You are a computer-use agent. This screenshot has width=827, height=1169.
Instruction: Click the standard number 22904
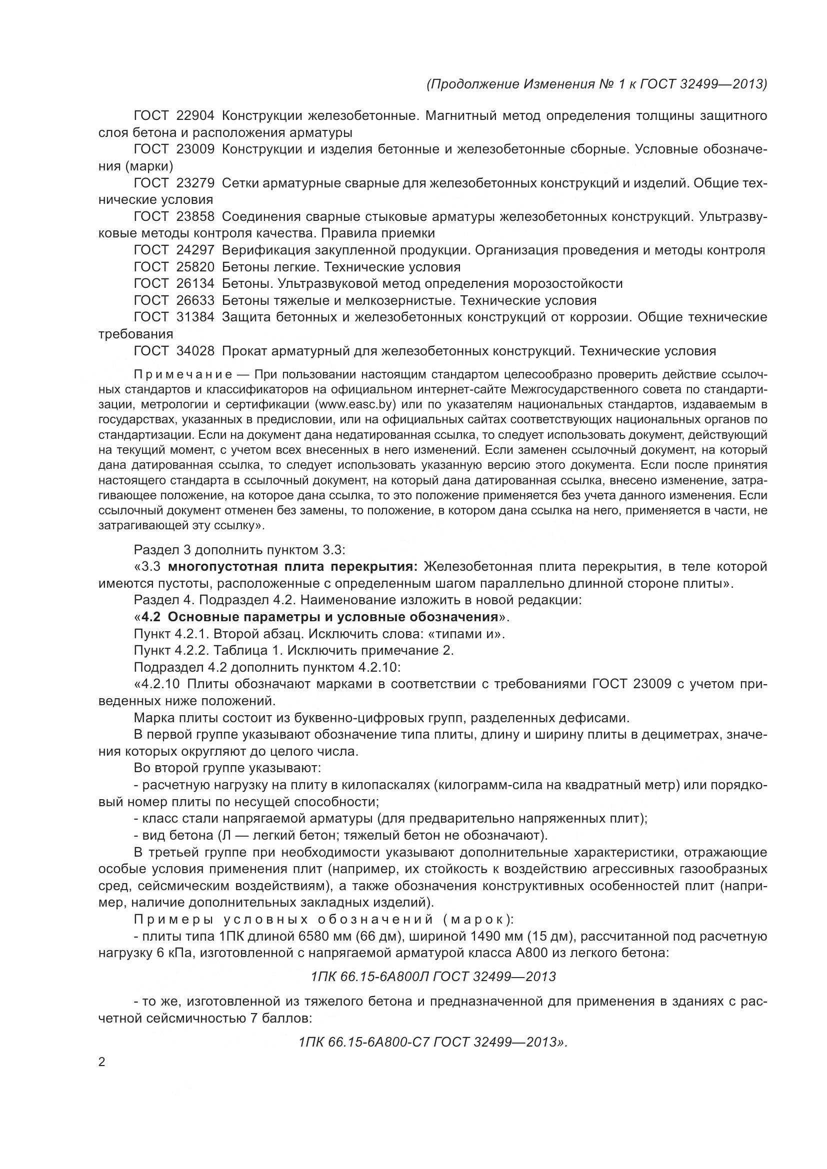click(x=195, y=116)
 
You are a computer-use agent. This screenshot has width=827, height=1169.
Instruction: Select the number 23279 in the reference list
click(x=195, y=183)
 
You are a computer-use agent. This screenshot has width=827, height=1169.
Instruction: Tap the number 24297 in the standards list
click(x=195, y=250)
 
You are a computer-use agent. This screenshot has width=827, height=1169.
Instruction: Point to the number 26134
click(x=195, y=283)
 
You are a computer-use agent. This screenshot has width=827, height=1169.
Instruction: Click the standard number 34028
click(x=195, y=351)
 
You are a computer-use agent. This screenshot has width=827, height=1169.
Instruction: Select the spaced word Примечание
click(x=183, y=375)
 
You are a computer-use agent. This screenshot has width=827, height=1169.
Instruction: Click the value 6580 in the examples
click(x=318, y=936)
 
